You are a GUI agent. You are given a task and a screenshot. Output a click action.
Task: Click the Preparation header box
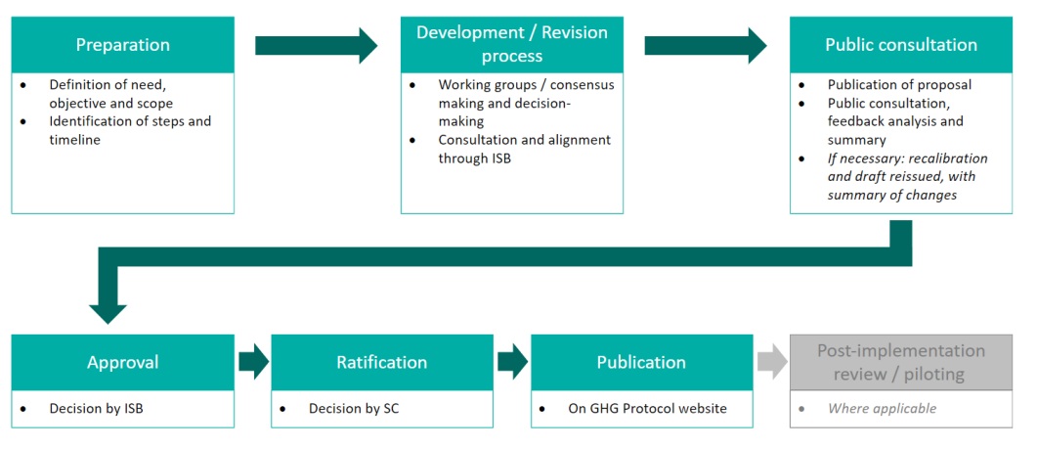pyautogui.click(x=123, y=45)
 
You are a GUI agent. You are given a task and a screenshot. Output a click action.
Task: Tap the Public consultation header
pyautogui.click(x=900, y=45)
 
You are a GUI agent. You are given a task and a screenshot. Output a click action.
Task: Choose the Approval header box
pyautogui.click(x=123, y=362)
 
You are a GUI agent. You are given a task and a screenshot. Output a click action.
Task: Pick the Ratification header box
pyautogui.click(x=381, y=362)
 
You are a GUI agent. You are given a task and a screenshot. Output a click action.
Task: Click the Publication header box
pyautogui.click(x=641, y=362)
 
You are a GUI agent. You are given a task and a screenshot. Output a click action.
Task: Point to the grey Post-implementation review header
pyautogui.click(x=900, y=362)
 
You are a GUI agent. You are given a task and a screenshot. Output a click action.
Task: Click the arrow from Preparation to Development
pyautogui.click(x=316, y=45)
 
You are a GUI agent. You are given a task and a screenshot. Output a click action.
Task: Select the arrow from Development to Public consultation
pyautogui.click(x=706, y=45)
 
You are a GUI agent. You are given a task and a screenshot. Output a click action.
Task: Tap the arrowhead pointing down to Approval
pyautogui.click(x=108, y=308)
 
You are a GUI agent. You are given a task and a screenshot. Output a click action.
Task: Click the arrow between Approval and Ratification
pyautogui.click(x=253, y=362)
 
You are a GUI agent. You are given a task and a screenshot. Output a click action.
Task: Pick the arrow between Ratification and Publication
pyautogui.click(x=512, y=362)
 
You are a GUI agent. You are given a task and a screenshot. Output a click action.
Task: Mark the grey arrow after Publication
pyautogui.click(x=771, y=362)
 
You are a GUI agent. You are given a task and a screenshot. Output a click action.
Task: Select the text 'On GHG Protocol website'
pyautogui.click(x=647, y=408)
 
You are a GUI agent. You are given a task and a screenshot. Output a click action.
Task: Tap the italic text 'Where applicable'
pyautogui.click(x=882, y=408)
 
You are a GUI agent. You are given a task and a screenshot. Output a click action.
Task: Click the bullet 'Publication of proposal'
pyautogui.click(x=899, y=85)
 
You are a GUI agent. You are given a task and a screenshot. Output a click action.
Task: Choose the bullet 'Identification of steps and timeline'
pyautogui.click(x=130, y=131)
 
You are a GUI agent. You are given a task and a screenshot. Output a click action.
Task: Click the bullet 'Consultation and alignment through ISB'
pyautogui.click(x=524, y=149)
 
